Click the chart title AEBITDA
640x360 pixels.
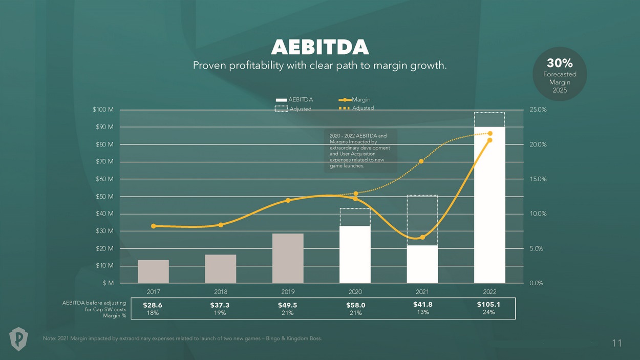(319, 47)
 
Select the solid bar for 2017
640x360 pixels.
(153, 271)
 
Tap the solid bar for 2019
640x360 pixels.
(288, 258)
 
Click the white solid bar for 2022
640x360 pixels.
(489, 205)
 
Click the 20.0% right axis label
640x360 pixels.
(538, 144)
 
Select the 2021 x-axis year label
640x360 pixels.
(422, 292)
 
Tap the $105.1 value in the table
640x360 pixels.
(488, 304)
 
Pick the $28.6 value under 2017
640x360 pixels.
(153, 305)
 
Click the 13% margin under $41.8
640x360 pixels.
(423, 312)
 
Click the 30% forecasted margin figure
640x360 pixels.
(560, 63)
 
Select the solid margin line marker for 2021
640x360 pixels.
(422, 237)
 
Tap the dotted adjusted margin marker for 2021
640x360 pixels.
(421, 161)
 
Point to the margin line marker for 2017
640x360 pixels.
(153, 226)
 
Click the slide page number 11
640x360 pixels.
(616, 343)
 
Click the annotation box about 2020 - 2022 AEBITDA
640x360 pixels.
(360, 151)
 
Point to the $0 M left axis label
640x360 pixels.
(108, 283)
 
